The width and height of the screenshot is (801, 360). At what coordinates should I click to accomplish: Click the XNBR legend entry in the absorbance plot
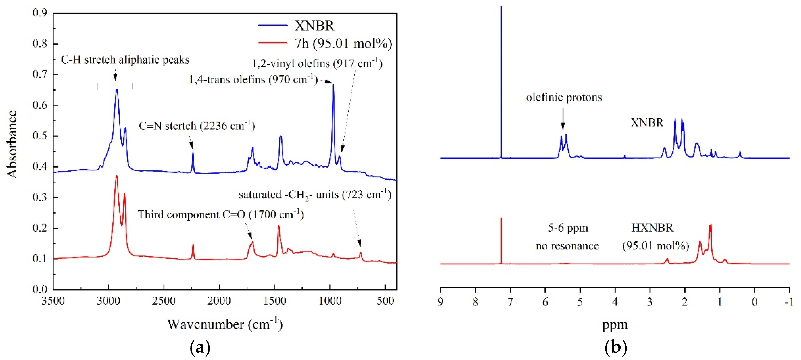[x=314, y=26]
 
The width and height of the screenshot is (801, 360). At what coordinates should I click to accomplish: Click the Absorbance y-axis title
[x=12, y=144]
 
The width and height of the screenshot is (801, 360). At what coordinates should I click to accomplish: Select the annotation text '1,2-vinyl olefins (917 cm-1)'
[x=317, y=63]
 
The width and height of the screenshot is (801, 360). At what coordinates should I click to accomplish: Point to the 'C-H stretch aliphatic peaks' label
[x=125, y=60]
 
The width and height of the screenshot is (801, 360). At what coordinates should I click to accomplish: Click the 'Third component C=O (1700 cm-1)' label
[x=221, y=214]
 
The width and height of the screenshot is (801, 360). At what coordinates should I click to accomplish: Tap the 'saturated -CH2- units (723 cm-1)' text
[x=315, y=195]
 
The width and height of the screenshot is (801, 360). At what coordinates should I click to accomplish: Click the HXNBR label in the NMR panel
[x=652, y=228]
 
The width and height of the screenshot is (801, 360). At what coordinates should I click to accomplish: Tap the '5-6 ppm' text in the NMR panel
[x=568, y=228]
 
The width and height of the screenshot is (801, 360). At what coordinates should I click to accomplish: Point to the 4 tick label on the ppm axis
[x=615, y=302]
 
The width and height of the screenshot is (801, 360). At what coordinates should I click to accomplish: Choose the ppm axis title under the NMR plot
[x=615, y=325]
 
